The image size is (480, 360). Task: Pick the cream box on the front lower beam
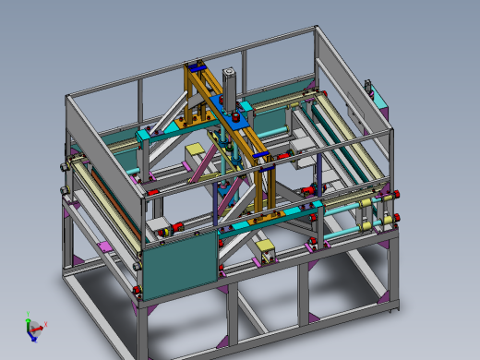(x=265, y=248)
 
